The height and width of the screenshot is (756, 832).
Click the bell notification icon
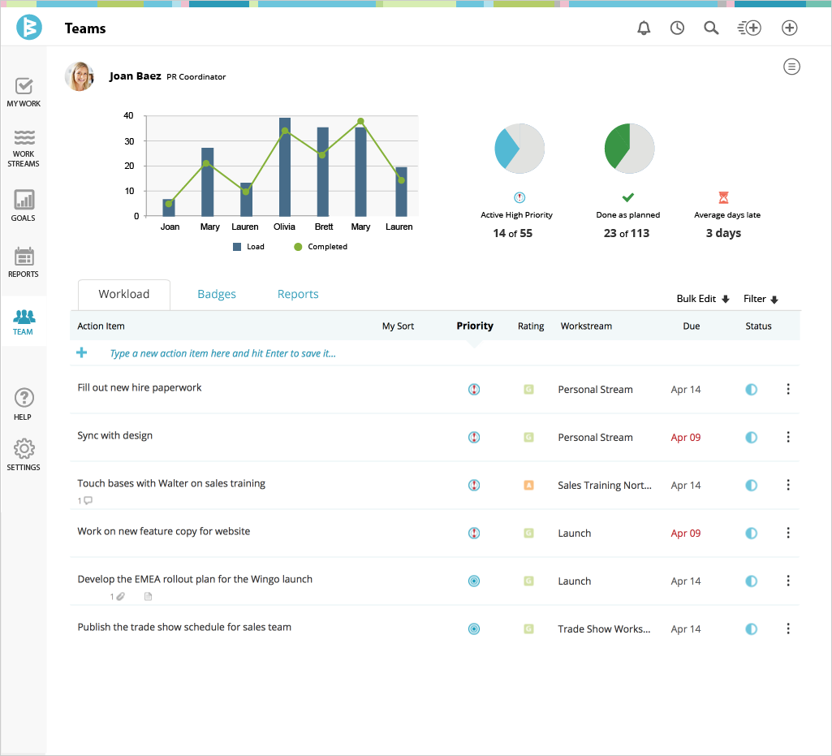[644, 28]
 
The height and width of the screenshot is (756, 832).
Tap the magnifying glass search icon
[711, 28]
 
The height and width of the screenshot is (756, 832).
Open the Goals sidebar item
[24, 205]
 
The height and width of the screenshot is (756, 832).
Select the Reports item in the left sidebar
[24, 261]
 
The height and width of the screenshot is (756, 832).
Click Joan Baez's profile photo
[80, 76]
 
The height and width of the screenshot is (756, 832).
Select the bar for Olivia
[285, 167]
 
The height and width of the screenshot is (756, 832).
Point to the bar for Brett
[323, 171]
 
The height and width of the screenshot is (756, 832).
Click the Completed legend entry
[321, 247]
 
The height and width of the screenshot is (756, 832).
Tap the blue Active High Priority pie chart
[519, 149]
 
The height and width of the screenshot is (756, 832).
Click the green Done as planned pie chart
[629, 149]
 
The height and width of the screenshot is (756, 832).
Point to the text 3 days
[723, 233]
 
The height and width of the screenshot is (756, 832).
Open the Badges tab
[217, 294]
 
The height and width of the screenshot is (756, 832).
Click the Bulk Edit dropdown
[703, 299]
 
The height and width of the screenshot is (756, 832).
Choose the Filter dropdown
[761, 299]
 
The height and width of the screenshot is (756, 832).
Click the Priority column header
[475, 326]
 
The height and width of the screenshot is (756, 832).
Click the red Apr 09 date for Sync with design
[686, 438]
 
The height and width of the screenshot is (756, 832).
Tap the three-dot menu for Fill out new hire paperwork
[788, 389]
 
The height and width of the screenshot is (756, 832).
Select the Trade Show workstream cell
[604, 629]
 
